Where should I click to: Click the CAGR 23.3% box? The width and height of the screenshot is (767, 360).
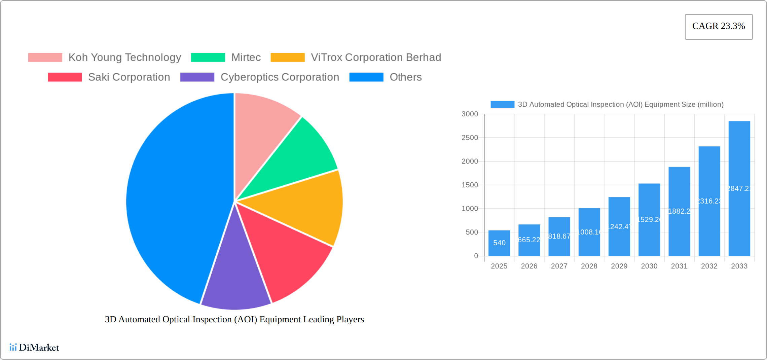719,27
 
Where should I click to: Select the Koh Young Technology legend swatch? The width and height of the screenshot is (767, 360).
45,58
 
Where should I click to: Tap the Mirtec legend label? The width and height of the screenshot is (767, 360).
246,58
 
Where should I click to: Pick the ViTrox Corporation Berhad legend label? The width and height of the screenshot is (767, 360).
376,58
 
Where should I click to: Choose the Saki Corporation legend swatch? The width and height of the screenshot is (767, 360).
65,77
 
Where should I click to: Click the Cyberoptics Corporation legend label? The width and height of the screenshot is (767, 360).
280,77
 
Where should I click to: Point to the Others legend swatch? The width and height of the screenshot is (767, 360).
366,77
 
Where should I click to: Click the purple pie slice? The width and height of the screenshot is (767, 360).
235,283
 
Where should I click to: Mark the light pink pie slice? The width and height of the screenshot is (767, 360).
262,128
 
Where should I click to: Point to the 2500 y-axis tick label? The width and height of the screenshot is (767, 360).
470,138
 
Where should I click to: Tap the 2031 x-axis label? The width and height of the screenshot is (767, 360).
679,266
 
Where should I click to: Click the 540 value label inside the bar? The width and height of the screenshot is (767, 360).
499,243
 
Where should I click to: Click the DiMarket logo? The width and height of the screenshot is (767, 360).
34,348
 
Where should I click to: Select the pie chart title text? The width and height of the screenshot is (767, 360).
234,319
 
